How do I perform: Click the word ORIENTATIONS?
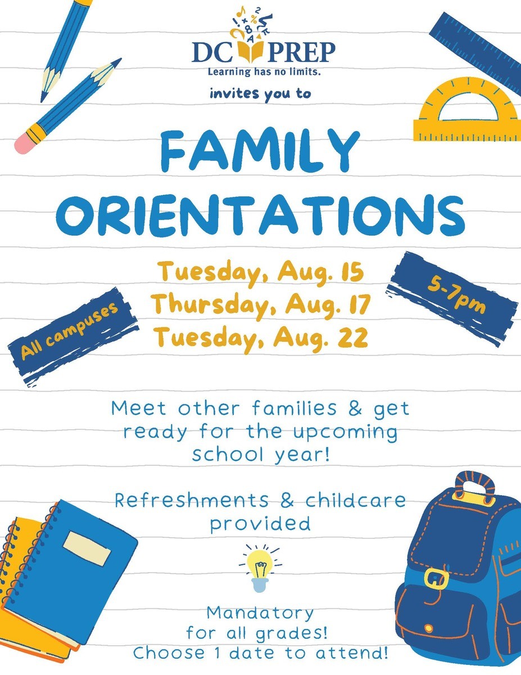pos(260,215)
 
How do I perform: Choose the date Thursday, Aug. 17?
pos(261,305)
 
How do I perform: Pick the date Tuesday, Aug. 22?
pos(261,337)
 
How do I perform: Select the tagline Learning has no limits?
pos(264,72)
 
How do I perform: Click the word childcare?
pos(356,501)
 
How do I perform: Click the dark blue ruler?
pos(475,49)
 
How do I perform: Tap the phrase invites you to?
pos(260,94)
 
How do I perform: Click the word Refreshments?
pos(192,501)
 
